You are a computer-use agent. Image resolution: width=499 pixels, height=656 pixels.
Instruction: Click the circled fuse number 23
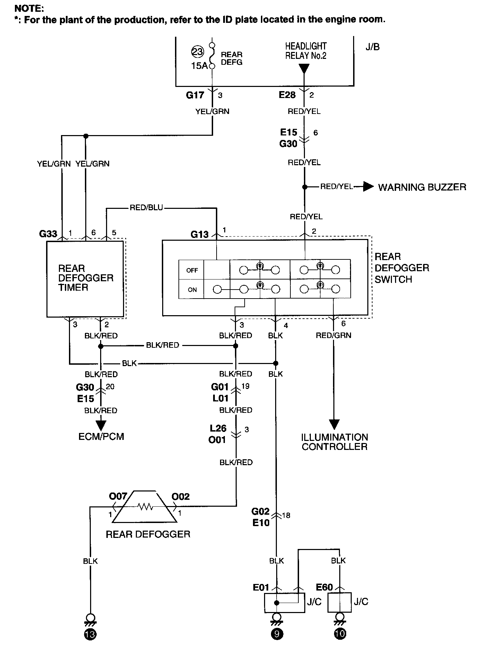198,52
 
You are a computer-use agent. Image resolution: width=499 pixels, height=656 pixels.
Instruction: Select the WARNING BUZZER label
422,187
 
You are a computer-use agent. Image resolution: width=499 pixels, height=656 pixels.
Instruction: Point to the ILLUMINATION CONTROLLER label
334,442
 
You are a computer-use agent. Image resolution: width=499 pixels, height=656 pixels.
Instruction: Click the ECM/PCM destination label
101,436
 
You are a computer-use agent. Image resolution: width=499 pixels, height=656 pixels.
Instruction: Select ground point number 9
277,633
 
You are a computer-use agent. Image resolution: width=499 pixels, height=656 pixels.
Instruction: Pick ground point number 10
340,633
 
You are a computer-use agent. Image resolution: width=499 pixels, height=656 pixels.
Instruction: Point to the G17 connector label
195,95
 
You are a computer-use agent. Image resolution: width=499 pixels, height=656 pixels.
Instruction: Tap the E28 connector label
287,95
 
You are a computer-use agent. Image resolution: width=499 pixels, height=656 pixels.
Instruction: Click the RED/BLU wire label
146,208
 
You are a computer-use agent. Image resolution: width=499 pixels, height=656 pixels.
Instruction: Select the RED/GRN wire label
333,335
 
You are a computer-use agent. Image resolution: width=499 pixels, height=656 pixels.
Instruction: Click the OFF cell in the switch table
192,270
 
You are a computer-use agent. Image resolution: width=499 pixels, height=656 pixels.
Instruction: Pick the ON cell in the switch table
192,290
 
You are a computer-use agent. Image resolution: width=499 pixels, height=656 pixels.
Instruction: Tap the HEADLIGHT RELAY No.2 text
306,51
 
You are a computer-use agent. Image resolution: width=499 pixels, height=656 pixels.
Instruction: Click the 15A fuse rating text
199,66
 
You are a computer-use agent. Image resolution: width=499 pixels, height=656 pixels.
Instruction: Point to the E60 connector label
324,587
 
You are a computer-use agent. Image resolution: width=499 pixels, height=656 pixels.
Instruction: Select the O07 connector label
118,497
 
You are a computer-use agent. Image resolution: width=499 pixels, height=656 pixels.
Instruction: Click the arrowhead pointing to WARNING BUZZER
369,187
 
